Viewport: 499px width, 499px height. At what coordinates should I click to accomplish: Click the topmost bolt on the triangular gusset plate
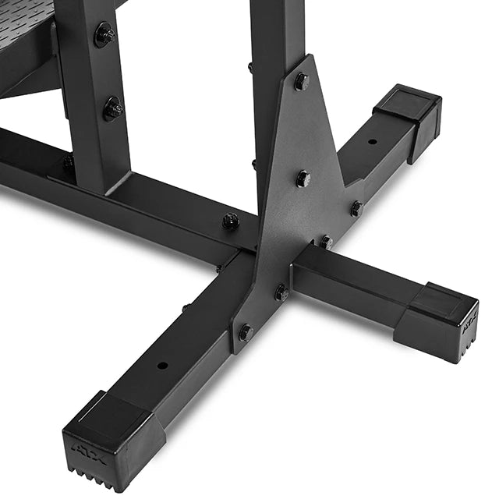point(302,81)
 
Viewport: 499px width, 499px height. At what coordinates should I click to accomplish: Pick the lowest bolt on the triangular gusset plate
point(246,332)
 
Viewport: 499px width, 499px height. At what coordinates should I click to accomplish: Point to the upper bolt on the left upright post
point(104,34)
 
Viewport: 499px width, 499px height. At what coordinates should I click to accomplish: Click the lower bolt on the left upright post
point(113,108)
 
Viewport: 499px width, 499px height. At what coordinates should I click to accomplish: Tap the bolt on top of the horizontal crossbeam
point(231,221)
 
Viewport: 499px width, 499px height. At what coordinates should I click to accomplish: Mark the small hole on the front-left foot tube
point(161,365)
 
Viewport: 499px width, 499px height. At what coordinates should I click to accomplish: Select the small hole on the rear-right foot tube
point(372,142)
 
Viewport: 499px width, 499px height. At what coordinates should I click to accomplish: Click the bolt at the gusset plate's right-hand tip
point(356,209)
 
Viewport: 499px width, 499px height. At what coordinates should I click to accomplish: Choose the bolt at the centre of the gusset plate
point(303,179)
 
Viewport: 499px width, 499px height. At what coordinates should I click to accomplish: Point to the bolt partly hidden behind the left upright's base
point(69,162)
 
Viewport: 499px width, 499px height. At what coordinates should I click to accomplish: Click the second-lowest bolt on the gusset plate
point(281,293)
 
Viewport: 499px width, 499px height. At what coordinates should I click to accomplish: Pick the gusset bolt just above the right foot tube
point(325,242)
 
